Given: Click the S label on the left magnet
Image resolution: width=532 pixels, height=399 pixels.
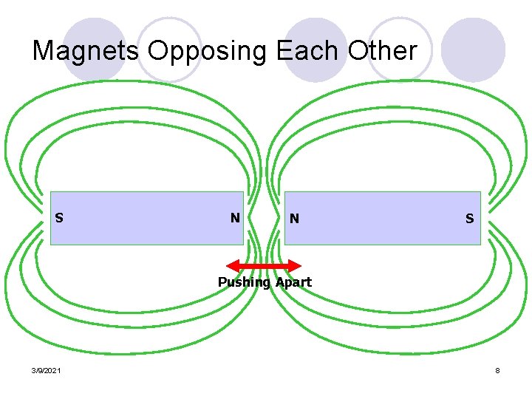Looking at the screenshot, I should [x=59, y=218].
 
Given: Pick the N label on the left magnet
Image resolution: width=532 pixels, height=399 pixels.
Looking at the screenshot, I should [x=234, y=218].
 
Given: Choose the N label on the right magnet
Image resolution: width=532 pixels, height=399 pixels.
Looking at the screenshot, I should [x=295, y=219].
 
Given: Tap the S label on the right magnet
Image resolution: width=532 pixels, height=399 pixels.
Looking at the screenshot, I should [x=470, y=219].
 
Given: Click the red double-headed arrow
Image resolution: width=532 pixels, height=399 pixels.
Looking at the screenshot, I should [x=264, y=265].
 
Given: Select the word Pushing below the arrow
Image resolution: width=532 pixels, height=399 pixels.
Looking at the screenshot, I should [x=244, y=282].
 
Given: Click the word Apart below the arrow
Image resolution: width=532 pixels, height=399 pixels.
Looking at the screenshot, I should [x=293, y=282].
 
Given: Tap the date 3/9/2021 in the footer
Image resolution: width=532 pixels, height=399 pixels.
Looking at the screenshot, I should [x=47, y=369].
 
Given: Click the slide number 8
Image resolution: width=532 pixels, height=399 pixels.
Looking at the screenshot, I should [x=498, y=369].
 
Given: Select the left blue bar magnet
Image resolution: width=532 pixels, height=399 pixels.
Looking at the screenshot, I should [x=148, y=218].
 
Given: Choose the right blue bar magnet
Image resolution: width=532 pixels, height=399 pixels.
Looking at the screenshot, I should [x=383, y=218].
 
